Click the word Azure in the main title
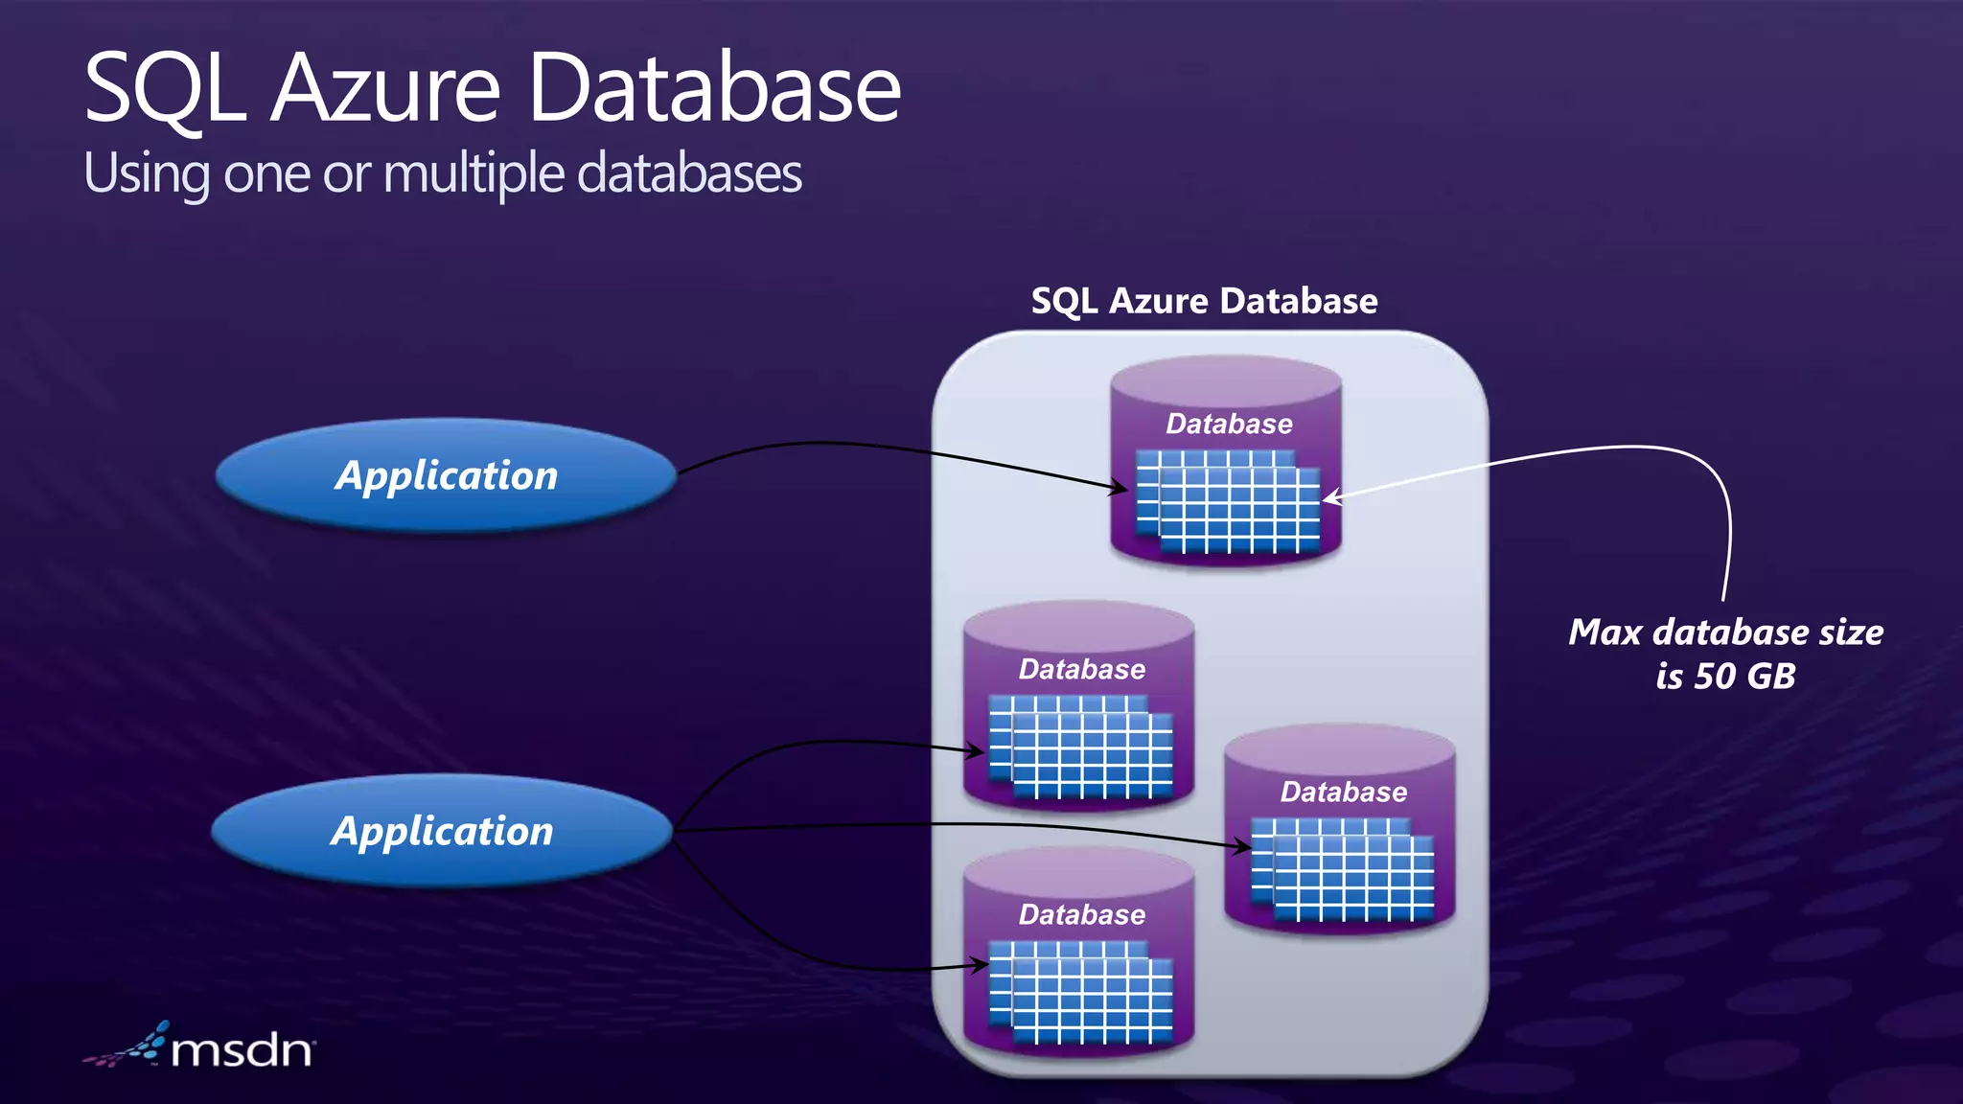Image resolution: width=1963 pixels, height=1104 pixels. (x=385, y=88)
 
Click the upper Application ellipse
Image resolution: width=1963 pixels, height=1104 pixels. (x=447, y=475)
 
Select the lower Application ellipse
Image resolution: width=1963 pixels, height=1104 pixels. (x=442, y=831)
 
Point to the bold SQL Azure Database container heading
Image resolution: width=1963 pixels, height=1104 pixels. (x=1204, y=301)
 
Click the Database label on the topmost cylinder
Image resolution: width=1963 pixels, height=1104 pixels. (x=1229, y=424)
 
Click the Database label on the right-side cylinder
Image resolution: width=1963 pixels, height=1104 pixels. (x=1344, y=792)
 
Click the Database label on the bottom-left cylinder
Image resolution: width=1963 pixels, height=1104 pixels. (x=1081, y=914)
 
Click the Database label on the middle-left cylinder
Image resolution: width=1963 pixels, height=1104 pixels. (x=1081, y=669)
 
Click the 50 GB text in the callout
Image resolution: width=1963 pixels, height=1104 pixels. (x=1744, y=677)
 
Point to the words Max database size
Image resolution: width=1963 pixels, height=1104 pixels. (x=1725, y=632)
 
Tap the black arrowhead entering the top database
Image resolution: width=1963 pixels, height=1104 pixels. (x=1120, y=489)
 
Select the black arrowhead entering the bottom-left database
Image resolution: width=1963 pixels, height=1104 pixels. (x=980, y=965)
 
